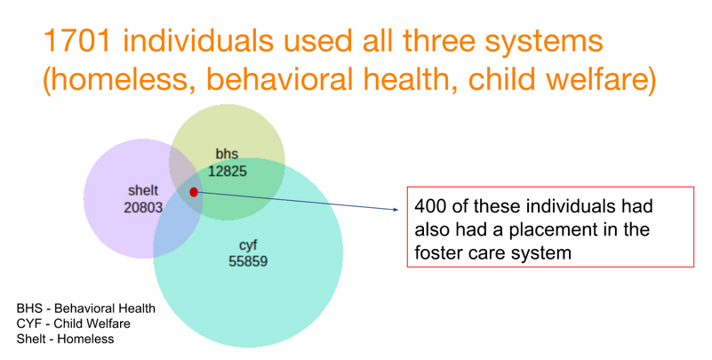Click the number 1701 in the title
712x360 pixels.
pyautogui.click(x=77, y=40)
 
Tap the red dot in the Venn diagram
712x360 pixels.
pyautogui.click(x=194, y=192)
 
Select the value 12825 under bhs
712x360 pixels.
pyautogui.click(x=228, y=172)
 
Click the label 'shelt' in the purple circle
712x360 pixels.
pyautogui.click(x=143, y=191)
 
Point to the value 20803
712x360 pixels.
pyautogui.click(x=143, y=207)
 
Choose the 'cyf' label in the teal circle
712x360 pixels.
pyautogui.click(x=248, y=245)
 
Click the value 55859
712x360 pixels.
pyautogui.click(x=248, y=261)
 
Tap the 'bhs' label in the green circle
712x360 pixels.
pyautogui.click(x=227, y=155)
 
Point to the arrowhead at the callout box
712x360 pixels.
pyautogui.click(x=396, y=209)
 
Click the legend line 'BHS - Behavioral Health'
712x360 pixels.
pyautogui.click(x=86, y=308)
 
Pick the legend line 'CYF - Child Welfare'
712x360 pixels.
pyautogui.click(x=74, y=324)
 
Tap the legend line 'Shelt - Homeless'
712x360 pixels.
pyautogui.click(x=66, y=340)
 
